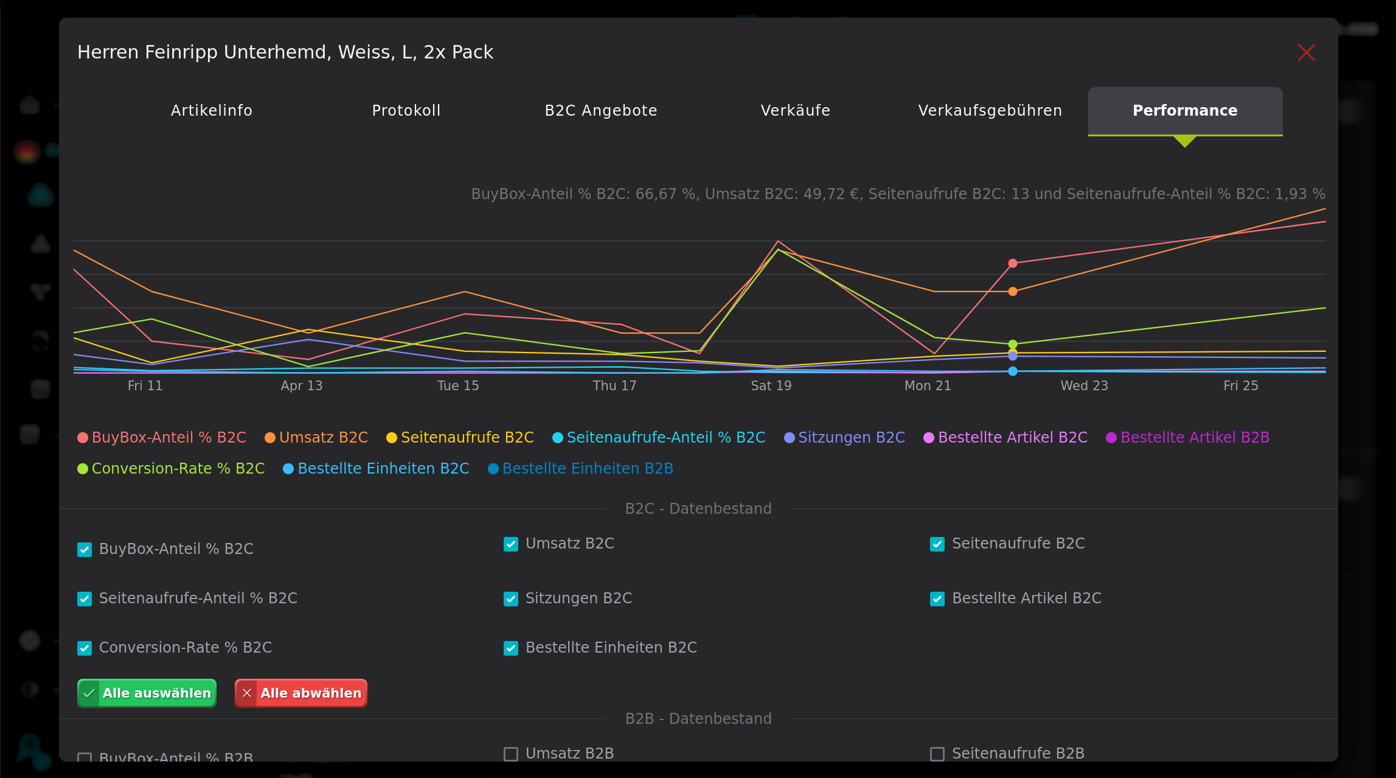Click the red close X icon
pos(1306,52)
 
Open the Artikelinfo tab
pos(211,111)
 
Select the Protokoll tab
pos(406,111)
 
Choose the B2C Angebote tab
pos(600,111)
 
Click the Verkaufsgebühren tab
pos(990,111)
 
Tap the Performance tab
pos(1184,111)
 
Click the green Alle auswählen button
pos(147,693)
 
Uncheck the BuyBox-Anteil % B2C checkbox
pos(85,550)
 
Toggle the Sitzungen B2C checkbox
pos(511,599)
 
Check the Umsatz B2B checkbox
pos(511,754)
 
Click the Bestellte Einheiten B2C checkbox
pos(511,648)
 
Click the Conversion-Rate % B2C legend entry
pos(171,469)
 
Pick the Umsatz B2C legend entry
pos(316,438)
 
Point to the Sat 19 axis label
pos(771,386)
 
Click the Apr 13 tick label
pos(301,386)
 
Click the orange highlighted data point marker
pos(1012,292)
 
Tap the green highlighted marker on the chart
pos(1012,345)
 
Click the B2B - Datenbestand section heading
pos(698,719)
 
